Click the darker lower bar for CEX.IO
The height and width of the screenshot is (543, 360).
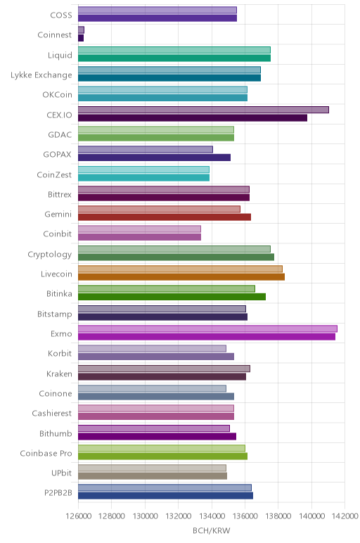point(193,117)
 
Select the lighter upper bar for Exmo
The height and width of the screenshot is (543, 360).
point(207,328)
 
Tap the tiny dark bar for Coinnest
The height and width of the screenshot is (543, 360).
point(81,38)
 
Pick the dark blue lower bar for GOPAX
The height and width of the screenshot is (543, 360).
point(155,158)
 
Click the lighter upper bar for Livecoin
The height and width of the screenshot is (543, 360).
point(180,269)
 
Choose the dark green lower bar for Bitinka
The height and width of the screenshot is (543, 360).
point(172,297)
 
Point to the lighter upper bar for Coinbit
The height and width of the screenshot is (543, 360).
point(139,229)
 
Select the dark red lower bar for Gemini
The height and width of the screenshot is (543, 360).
point(165,217)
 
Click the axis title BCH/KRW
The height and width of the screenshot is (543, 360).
point(211,530)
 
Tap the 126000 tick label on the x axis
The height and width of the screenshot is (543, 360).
point(79,516)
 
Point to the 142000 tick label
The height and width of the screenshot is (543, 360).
point(345,516)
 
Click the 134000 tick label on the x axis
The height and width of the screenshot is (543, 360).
point(212,516)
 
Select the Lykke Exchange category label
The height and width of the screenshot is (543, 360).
point(41,75)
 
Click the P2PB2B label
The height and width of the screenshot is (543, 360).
point(58,492)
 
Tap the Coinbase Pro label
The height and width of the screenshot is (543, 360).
point(46,453)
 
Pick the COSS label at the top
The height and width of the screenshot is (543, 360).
point(61,15)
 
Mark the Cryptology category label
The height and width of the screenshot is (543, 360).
point(50,255)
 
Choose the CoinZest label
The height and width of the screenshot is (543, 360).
point(54,174)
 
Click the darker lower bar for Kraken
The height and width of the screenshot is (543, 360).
point(162,376)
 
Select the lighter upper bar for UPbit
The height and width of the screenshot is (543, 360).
point(153,468)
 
